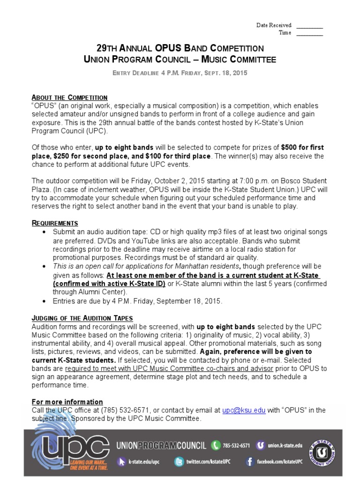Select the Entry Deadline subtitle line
pos(180,74)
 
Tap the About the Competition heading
pos(69,97)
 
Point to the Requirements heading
pos(55,223)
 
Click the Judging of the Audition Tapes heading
pos(82,318)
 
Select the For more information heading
pos(67,402)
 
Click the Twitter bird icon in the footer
pos(179,462)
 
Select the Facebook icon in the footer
pos(250,462)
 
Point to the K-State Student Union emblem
pos(322,452)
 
